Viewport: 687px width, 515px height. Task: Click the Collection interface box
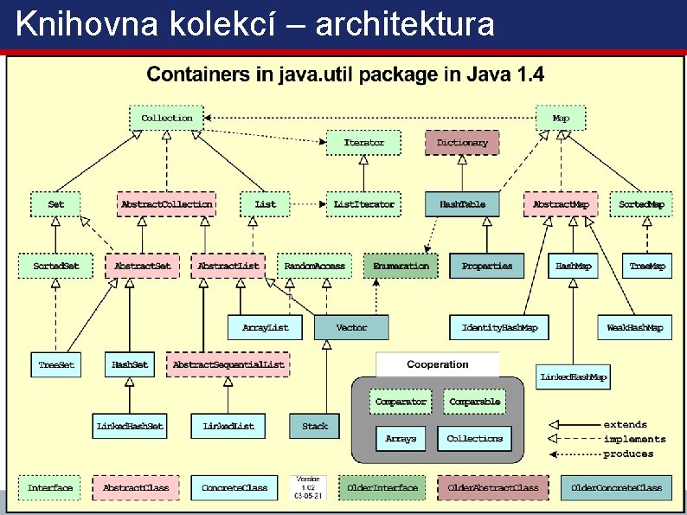point(167,118)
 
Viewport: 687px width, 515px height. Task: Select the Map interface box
point(561,118)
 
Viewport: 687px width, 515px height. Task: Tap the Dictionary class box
point(462,142)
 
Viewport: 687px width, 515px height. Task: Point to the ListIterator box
point(363,204)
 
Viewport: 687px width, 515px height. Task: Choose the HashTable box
point(462,204)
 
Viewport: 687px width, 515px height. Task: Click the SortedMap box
point(641,204)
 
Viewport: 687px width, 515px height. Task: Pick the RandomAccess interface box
point(314,266)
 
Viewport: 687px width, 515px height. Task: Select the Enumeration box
point(401,266)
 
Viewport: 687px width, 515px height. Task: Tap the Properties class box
point(486,266)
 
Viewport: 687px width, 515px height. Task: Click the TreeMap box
point(647,266)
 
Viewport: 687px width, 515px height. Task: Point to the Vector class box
point(351,327)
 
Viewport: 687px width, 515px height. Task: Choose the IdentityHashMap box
point(499,327)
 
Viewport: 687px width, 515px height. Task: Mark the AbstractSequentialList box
point(228,364)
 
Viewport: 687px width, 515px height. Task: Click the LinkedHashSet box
point(130,426)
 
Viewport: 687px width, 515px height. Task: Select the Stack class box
point(315,426)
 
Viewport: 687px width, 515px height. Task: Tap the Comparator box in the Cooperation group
point(401,402)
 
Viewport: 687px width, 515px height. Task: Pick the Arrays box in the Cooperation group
point(401,439)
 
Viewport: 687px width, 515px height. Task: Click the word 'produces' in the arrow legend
point(628,454)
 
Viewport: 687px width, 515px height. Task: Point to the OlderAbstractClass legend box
point(492,488)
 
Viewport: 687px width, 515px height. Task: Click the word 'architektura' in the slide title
point(406,24)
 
